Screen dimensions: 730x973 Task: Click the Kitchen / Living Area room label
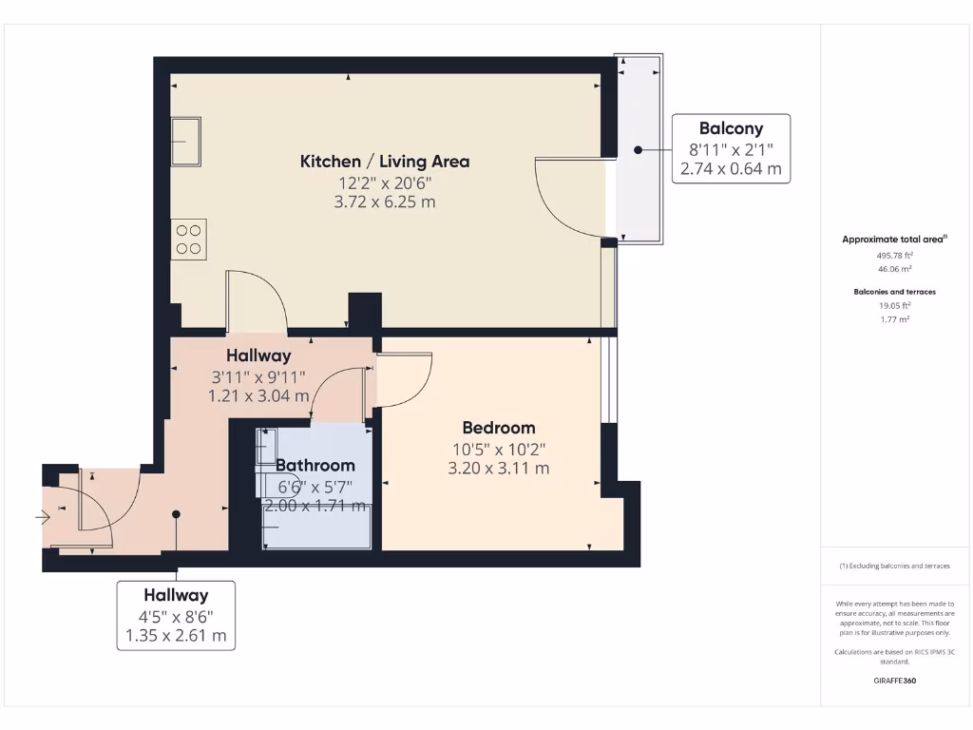click(385, 162)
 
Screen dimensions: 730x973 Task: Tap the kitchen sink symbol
click(186, 141)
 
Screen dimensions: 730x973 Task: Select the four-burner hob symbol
click(188, 239)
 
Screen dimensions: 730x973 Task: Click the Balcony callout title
click(731, 128)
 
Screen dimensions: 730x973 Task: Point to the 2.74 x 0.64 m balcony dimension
click(731, 169)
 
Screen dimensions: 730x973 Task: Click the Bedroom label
click(499, 428)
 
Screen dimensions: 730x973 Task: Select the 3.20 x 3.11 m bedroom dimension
click(499, 468)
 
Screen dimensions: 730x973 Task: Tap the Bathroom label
click(315, 466)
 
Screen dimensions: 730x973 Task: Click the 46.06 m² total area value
click(893, 270)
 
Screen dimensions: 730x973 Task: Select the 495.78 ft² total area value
click(893, 256)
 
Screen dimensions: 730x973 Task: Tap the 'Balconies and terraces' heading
click(893, 292)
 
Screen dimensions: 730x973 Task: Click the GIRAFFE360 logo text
click(894, 681)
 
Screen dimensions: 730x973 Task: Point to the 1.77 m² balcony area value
click(893, 319)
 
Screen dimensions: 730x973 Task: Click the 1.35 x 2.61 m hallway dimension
click(176, 636)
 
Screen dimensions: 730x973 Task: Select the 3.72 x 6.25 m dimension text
click(385, 202)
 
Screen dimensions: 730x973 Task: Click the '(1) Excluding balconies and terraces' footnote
click(894, 566)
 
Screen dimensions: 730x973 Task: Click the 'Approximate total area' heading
click(893, 240)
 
